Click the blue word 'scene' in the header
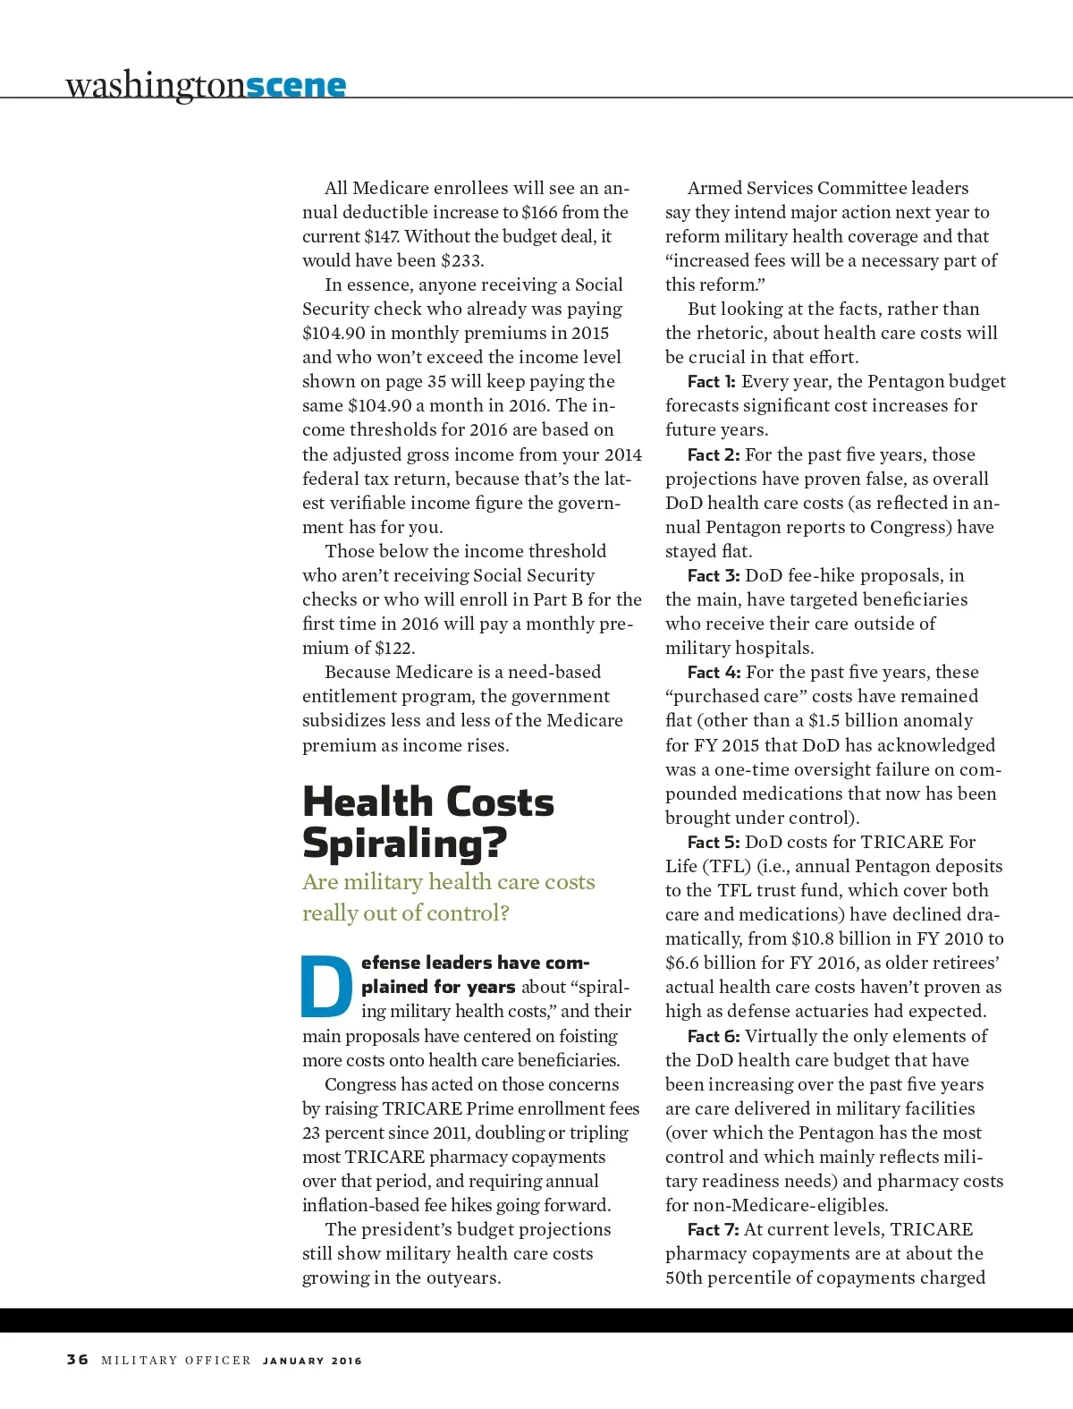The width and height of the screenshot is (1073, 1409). pos(295,85)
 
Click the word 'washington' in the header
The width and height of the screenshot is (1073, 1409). pos(155,85)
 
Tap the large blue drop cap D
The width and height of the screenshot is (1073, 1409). pos(327,988)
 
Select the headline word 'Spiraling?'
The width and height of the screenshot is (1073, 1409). pos(404,843)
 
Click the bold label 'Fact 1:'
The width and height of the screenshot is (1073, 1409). pos(712,382)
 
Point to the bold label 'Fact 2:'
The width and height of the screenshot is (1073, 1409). pos(714,455)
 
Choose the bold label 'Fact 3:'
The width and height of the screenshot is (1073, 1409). pos(714,576)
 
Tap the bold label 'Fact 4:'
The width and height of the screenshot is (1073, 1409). pos(714,673)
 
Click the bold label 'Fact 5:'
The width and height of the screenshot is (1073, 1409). pos(714,843)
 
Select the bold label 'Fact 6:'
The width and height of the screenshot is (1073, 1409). pos(714,1037)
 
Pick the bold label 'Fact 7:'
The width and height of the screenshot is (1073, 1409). pos(714,1230)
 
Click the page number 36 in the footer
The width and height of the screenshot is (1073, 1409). pos(78,1360)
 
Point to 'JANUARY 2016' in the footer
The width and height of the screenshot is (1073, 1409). pos(312,1361)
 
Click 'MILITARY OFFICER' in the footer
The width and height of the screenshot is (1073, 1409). pos(176,1361)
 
